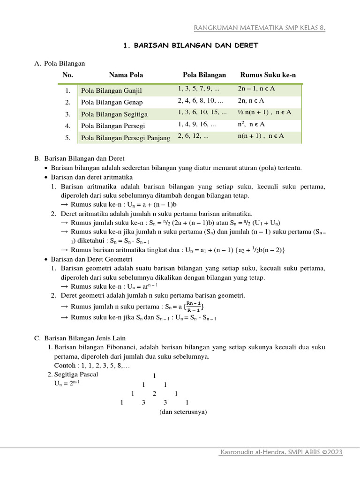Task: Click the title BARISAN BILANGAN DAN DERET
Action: click(x=191, y=45)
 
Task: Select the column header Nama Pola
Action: click(x=126, y=75)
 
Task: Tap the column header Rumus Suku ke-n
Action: click(x=268, y=75)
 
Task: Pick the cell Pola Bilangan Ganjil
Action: click(x=111, y=90)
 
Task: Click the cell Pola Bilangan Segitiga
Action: click(x=114, y=114)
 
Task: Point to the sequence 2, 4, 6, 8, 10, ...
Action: click(x=201, y=100)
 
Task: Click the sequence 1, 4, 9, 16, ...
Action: click(x=197, y=125)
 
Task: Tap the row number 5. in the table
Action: click(x=68, y=138)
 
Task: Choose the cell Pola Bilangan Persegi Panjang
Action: click(x=126, y=138)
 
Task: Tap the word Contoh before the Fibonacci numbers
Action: click(x=64, y=365)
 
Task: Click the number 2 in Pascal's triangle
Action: click(x=154, y=393)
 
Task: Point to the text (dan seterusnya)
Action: click(x=183, y=412)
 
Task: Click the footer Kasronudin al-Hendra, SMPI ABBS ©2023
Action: click(x=281, y=452)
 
